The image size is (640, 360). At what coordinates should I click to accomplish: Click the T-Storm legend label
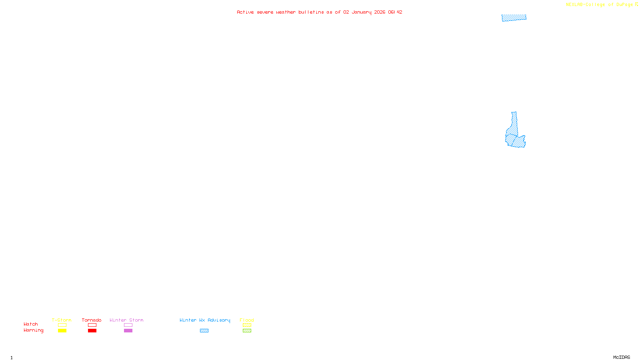click(62, 320)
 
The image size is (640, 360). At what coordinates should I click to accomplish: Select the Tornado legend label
click(92, 320)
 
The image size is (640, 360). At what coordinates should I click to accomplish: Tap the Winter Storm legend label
click(126, 320)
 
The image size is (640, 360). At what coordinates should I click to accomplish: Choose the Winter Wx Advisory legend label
click(205, 320)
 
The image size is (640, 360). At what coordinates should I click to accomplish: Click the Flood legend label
click(247, 320)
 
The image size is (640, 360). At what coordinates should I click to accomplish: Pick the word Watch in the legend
click(31, 324)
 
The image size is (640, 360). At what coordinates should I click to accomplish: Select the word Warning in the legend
click(34, 330)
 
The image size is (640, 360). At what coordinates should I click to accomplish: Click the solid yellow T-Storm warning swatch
click(62, 331)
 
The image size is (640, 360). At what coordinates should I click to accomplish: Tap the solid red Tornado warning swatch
click(92, 331)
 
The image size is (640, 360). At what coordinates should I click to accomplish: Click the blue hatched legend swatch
click(204, 331)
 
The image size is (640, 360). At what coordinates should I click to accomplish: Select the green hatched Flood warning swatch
click(247, 331)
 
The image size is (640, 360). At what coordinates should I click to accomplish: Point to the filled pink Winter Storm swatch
click(128, 331)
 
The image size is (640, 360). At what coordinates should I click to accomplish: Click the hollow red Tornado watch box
click(92, 325)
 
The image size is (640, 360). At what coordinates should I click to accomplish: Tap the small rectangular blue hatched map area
click(514, 18)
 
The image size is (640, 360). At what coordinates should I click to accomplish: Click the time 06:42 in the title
click(395, 12)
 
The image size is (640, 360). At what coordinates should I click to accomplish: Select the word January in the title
click(362, 12)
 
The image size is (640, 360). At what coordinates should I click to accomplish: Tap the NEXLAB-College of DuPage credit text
click(600, 5)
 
